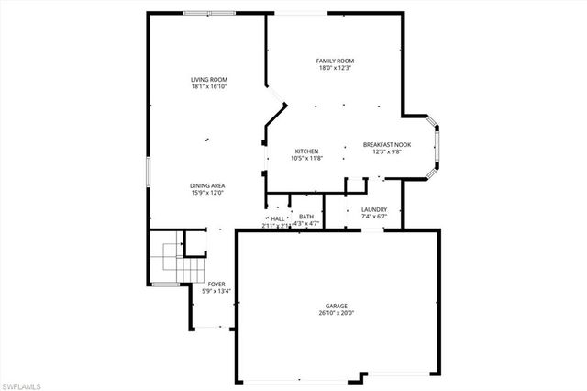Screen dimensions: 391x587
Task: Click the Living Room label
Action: point(209,80)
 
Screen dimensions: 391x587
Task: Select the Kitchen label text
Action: point(306,151)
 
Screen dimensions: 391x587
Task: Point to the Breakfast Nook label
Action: point(387,144)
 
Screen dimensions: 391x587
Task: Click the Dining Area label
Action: point(208,185)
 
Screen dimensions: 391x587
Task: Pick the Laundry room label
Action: point(373,210)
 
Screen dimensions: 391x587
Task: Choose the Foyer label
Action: point(216,285)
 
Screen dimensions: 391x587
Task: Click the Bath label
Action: point(306,217)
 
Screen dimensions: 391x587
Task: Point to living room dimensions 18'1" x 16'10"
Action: point(209,87)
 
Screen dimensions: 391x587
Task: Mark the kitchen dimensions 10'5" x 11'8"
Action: point(306,158)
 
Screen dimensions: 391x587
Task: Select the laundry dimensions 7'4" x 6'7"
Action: point(373,218)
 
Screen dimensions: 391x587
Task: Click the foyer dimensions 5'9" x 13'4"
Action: point(216,292)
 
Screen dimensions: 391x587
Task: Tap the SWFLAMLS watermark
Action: point(22,382)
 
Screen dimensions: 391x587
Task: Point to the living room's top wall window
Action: point(197,13)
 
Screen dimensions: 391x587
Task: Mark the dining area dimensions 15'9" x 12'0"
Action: point(208,193)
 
